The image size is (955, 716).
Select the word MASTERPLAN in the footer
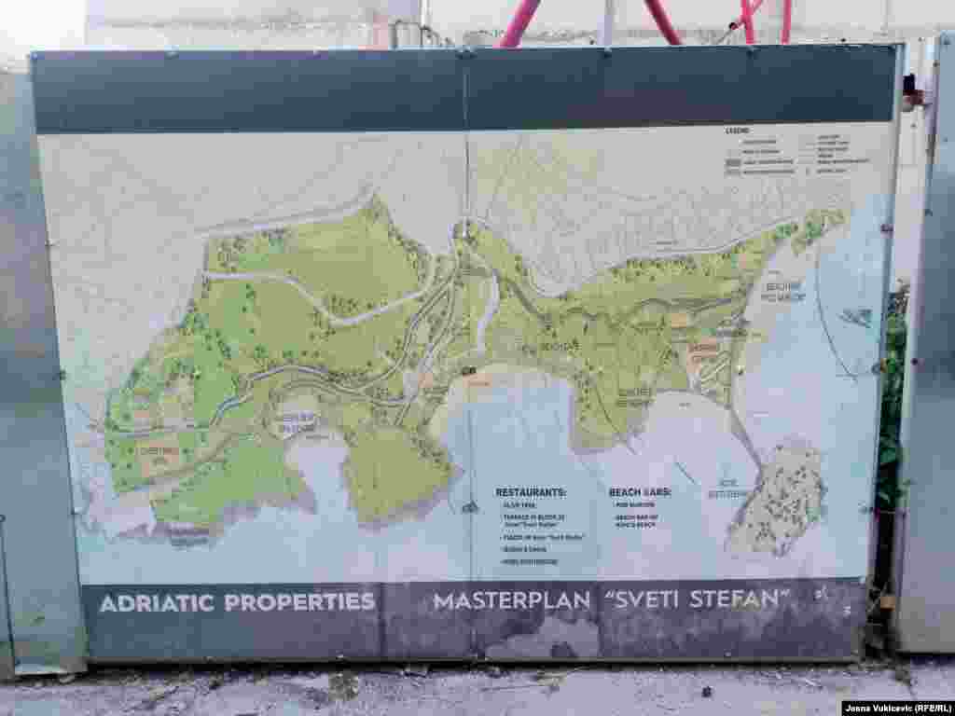tap(512, 601)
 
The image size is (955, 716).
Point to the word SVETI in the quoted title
tap(644, 599)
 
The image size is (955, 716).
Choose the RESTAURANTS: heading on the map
tap(531, 491)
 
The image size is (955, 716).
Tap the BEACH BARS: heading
tap(640, 491)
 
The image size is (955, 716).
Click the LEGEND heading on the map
tap(737, 131)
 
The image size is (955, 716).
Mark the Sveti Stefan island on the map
tap(780, 499)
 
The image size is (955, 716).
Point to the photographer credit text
tap(897, 708)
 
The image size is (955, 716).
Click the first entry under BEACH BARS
tap(630, 504)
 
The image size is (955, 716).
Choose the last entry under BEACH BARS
tap(639, 519)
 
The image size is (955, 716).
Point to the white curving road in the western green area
tap(317, 300)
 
